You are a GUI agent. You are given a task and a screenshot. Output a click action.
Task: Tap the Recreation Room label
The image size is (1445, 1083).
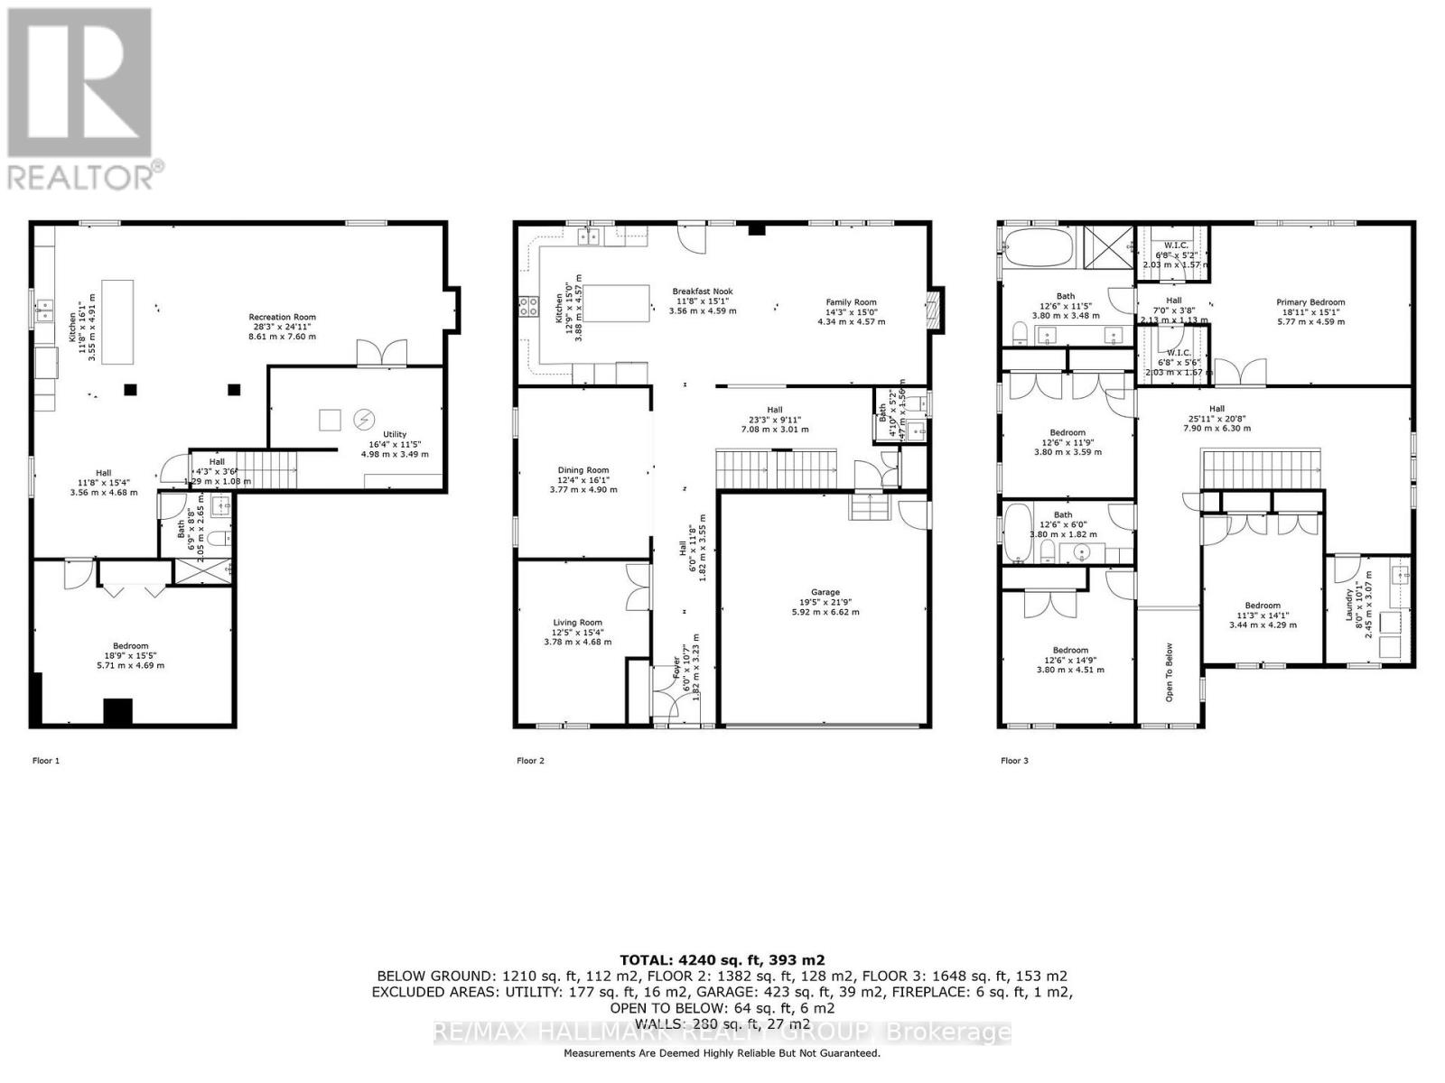tap(283, 317)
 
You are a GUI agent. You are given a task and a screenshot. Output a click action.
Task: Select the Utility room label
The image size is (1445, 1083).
tap(395, 435)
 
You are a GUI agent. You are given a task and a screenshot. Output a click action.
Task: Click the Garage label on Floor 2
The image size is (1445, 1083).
tap(825, 593)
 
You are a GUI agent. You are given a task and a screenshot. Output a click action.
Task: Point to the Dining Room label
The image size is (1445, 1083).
tap(583, 470)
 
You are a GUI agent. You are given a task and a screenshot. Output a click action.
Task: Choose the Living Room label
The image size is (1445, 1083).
tap(577, 623)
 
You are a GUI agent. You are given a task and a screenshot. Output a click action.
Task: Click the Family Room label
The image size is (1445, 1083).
tap(851, 303)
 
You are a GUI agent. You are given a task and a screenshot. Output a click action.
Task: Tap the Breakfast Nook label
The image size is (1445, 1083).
tap(703, 292)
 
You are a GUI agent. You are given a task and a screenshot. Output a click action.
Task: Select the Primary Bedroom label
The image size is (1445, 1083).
tap(1310, 302)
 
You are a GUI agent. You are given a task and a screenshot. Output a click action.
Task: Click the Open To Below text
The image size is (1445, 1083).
tap(1169, 672)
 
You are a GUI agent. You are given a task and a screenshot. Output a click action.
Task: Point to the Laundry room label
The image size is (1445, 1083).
tap(1350, 605)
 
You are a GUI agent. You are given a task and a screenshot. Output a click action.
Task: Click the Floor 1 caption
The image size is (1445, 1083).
tap(46, 761)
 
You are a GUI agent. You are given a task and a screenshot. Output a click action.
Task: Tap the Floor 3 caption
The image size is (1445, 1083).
tap(1014, 761)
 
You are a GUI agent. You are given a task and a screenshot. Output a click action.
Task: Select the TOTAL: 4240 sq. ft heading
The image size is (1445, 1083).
tap(722, 960)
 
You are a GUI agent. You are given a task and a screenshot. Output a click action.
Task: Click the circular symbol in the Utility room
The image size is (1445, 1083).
tap(365, 419)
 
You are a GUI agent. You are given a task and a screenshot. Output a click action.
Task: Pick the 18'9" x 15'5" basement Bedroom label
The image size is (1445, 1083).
tap(131, 646)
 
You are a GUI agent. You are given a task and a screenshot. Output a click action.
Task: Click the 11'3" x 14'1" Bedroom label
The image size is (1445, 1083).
tap(1262, 606)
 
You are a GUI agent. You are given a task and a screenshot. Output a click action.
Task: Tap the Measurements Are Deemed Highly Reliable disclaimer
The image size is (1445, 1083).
tap(722, 1053)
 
